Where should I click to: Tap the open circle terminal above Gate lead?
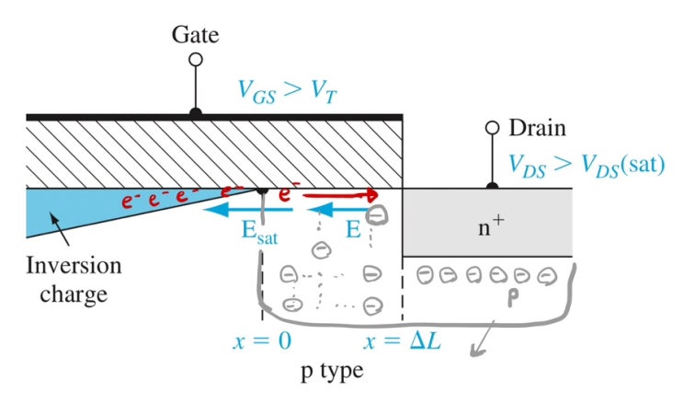195,60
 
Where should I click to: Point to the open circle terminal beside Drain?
493,128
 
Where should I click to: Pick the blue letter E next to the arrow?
355,227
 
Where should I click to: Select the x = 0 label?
262,340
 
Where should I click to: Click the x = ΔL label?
402,340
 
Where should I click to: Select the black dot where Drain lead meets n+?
493,187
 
